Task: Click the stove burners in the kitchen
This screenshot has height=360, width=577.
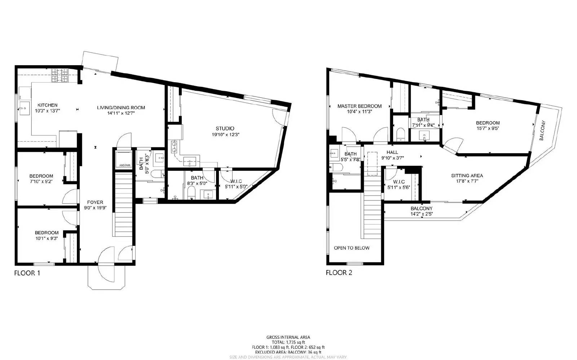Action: [x=60, y=75]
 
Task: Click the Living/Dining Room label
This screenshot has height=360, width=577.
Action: [x=121, y=107]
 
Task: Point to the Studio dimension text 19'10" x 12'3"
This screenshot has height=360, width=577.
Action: [x=225, y=134]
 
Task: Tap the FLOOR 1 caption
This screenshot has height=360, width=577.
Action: [x=27, y=273]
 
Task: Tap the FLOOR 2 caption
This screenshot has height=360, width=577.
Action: [x=339, y=272]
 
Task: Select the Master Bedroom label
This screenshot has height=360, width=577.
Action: [x=359, y=106]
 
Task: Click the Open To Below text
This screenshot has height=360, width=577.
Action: [x=351, y=248]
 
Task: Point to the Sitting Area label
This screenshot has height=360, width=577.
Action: [x=467, y=175]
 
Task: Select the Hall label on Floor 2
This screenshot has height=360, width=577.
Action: [x=392, y=152]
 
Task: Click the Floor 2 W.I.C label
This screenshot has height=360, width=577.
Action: [x=398, y=182]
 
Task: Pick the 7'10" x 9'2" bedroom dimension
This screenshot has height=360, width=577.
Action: [x=41, y=182]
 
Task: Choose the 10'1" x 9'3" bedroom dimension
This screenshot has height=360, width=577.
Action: [x=47, y=238]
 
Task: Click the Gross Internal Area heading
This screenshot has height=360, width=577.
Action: [x=288, y=337]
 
